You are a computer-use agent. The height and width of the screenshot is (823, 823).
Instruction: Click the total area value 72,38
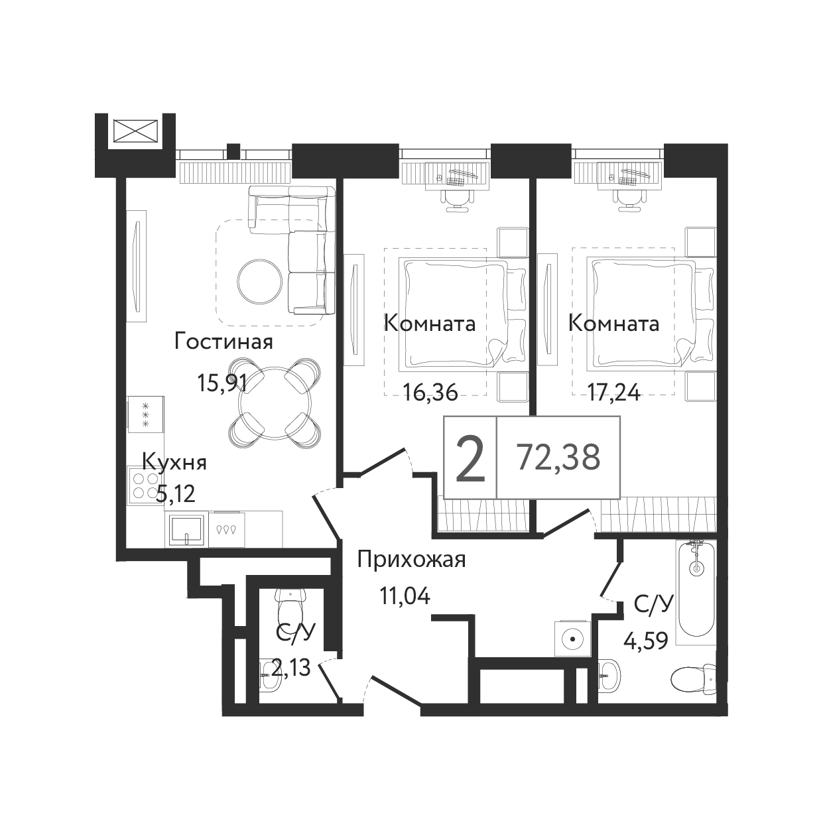pyautogui.click(x=558, y=456)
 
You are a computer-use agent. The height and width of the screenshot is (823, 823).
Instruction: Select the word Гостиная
pyautogui.click(x=223, y=342)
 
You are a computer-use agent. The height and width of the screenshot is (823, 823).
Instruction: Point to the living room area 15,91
pyautogui.click(x=222, y=383)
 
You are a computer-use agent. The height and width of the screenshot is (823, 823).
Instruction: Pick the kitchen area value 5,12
pyautogui.click(x=176, y=495)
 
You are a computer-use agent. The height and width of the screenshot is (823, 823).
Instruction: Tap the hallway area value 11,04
pyautogui.click(x=405, y=597)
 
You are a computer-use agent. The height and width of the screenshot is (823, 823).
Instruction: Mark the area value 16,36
pyautogui.click(x=431, y=392)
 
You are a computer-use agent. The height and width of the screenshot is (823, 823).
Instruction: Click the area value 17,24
pyautogui.click(x=614, y=392)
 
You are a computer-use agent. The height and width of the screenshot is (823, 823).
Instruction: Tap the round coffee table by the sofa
pyautogui.click(x=260, y=281)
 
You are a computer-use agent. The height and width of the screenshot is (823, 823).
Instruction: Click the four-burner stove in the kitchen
pyautogui.click(x=146, y=486)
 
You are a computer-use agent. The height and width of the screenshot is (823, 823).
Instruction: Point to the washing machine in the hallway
pyautogui.click(x=573, y=639)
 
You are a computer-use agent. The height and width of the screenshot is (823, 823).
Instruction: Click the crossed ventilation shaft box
pyautogui.click(x=135, y=131)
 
